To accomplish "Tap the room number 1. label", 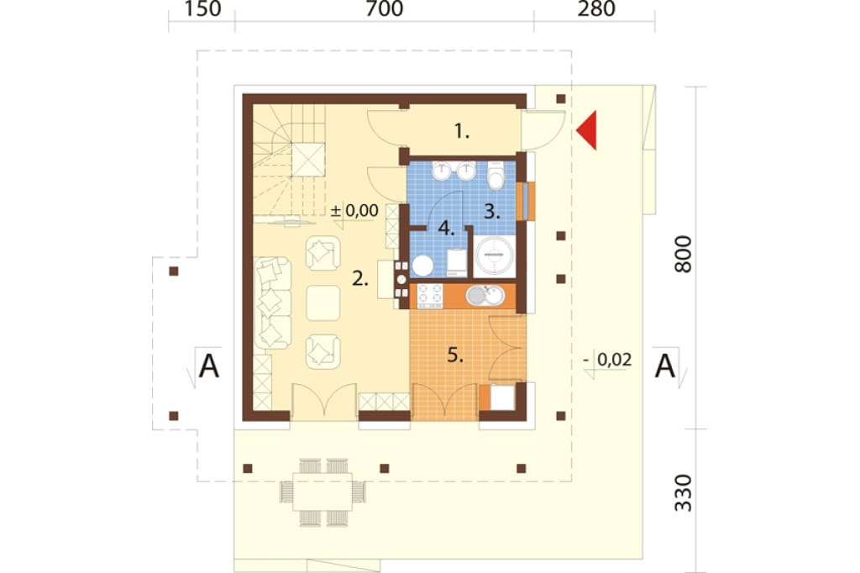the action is [x=462, y=131].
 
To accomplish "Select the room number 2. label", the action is [x=359, y=279].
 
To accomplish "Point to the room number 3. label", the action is [x=492, y=212].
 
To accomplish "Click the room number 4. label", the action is [x=447, y=228].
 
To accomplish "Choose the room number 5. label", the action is [x=455, y=355].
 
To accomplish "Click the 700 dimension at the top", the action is [x=384, y=8].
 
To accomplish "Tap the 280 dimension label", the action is [x=596, y=8].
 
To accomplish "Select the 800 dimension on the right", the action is [x=684, y=254].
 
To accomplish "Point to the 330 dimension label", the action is [x=684, y=493].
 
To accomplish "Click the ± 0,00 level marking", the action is [x=355, y=211].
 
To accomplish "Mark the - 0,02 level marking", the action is [x=608, y=360].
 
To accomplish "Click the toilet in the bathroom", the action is [x=496, y=175].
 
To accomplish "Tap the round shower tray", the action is [x=495, y=255].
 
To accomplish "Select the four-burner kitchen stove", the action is [x=430, y=295].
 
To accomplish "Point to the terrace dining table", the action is [x=322, y=492].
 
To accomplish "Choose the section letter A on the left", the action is [x=208, y=366].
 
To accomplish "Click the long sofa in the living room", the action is [x=273, y=302].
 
